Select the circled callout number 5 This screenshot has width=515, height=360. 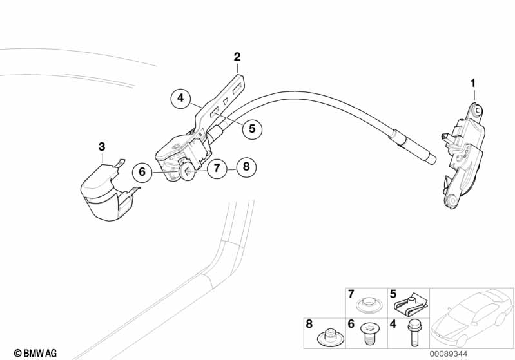(252, 129)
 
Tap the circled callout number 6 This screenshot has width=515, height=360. (143, 171)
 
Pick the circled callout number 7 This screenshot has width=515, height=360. (217, 169)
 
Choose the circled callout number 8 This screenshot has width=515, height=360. (245, 168)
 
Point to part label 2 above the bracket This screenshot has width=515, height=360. (237, 57)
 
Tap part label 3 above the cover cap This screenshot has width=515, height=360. (101, 147)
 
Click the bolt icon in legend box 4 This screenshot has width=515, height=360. (411, 334)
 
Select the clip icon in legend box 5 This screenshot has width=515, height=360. (411, 303)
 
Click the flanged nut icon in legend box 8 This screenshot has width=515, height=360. (328, 336)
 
